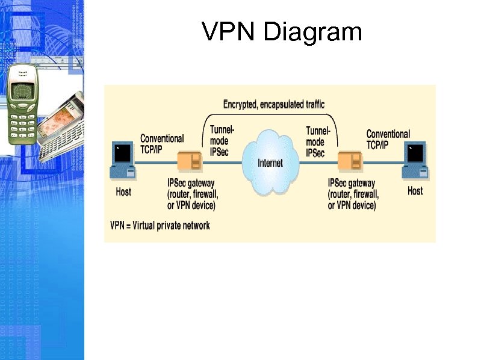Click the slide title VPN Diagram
click(x=282, y=32)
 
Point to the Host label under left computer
click(x=123, y=192)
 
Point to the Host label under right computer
click(x=415, y=191)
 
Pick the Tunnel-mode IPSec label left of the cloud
click(x=221, y=141)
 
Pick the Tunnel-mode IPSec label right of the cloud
click(x=318, y=142)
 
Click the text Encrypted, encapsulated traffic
click(x=274, y=105)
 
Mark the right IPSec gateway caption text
click(x=353, y=194)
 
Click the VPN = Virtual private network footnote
click(x=160, y=226)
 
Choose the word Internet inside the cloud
click(x=270, y=163)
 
